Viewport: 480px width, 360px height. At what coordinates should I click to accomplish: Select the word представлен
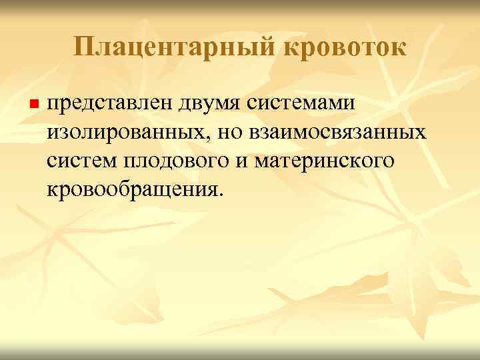(x=111, y=105)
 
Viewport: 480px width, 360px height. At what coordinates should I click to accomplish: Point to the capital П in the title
(x=82, y=46)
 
